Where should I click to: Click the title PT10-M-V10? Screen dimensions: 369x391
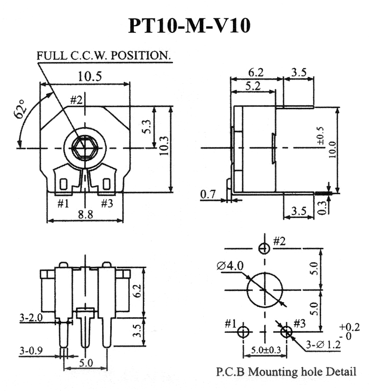click(x=189, y=26)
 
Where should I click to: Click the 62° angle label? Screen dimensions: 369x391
click(x=20, y=109)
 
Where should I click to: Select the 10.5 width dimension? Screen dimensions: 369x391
click(x=90, y=76)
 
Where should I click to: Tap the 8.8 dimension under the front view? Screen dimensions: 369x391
click(x=86, y=214)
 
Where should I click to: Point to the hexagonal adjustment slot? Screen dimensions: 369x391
click(x=85, y=148)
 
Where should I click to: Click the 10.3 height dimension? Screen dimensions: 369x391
click(x=164, y=146)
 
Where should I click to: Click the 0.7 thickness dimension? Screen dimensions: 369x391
click(x=208, y=194)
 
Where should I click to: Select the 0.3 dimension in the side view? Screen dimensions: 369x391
click(x=322, y=208)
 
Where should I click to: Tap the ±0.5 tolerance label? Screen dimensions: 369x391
click(x=321, y=136)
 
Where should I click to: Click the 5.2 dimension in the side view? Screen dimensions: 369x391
click(x=253, y=86)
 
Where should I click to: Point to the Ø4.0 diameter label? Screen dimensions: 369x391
click(x=230, y=266)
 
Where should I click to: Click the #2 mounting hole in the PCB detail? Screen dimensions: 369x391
click(x=264, y=248)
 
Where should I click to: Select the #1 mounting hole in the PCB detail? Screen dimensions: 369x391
click(x=243, y=332)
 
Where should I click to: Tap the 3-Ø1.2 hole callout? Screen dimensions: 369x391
click(x=323, y=345)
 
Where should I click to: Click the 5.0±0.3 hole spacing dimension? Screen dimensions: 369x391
click(x=266, y=350)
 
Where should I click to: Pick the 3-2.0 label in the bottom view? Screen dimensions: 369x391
click(x=31, y=318)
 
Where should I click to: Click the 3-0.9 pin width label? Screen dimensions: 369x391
click(x=31, y=350)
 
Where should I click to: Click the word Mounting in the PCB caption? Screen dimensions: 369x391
click(x=273, y=372)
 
